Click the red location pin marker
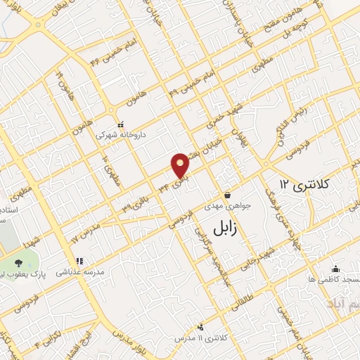point(181,165)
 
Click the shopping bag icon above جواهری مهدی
point(227,195)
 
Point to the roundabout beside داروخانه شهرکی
point(111,110)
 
